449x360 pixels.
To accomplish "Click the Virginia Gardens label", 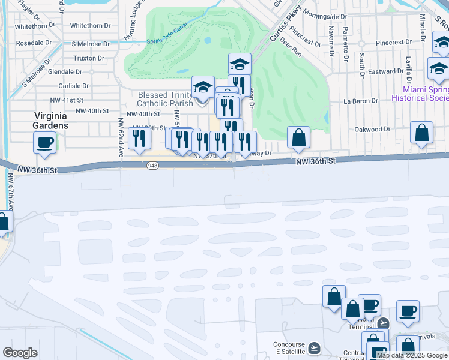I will [50, 121].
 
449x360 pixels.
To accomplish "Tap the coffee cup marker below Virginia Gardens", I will [45, 143].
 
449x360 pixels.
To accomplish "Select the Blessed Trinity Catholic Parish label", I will [164, 99].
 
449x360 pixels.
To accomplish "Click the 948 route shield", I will [151, 165].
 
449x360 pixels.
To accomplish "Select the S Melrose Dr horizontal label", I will [90, 44].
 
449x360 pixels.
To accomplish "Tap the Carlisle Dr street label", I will [74, 86].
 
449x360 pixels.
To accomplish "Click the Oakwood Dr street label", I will [372, 129].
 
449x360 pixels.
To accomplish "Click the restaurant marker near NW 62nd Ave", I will [139, 139].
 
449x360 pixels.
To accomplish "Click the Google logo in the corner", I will [20, 353].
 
